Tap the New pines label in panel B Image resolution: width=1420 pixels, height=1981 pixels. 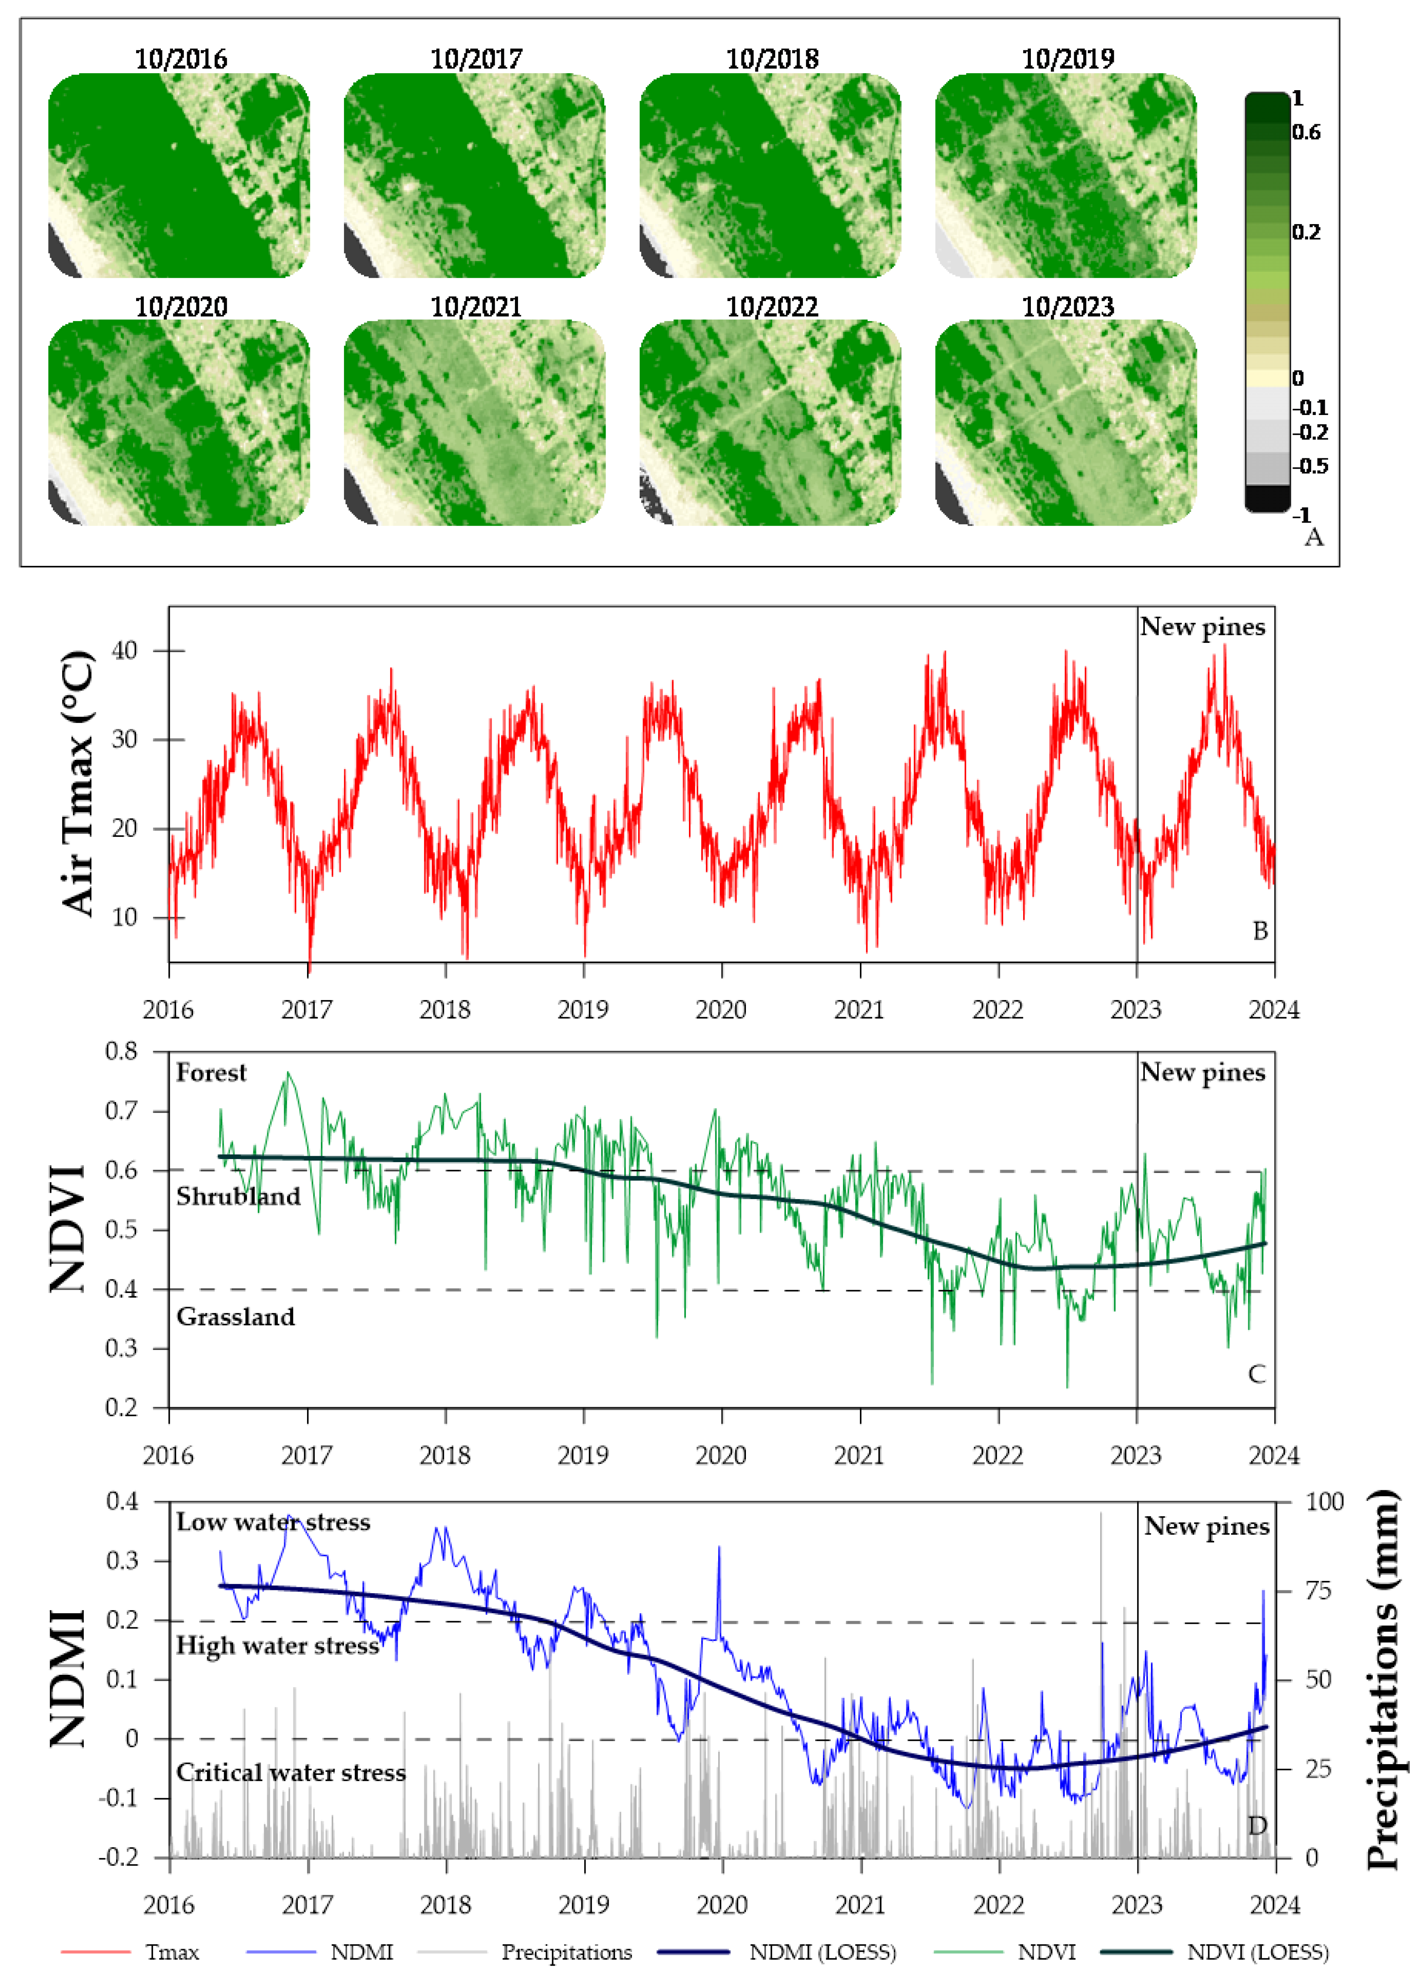[x=1202, y=627]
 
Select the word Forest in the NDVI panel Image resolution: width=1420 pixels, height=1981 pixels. [x=211, y=1073]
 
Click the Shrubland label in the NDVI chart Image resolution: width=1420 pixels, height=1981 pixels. [x=238, y=1197]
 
